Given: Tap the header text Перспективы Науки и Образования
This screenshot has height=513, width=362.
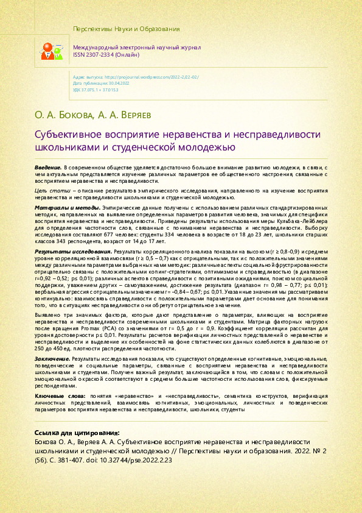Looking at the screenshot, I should pyautogui.click(x=126, y=29).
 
